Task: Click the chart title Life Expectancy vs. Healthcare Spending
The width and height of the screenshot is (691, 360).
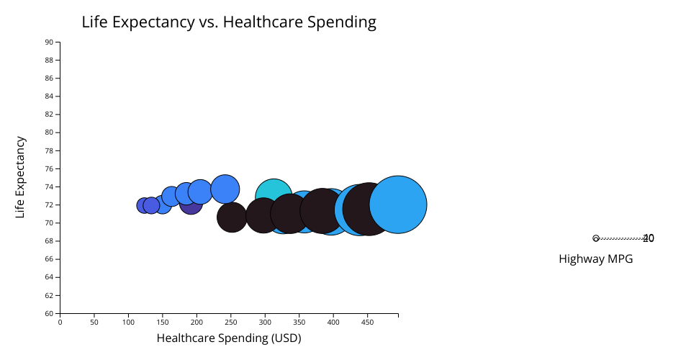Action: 229,22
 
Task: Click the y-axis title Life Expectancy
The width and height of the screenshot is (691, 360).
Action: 21,177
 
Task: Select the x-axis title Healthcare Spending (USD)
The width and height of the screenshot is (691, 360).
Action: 229,338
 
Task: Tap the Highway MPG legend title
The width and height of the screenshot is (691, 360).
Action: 595,259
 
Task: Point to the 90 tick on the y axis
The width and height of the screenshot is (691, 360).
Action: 49,42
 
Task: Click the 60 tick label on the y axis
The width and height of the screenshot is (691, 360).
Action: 49,313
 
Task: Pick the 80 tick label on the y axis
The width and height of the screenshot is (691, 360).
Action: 49,132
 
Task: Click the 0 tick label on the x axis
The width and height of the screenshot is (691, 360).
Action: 60,322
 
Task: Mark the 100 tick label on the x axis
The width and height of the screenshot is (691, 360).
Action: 128,322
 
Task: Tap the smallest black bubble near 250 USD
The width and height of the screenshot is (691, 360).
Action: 231,217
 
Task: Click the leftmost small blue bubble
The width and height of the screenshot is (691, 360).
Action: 144,205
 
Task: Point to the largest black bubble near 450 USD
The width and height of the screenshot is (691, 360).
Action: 369,209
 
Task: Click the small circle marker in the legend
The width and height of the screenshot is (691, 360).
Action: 596,238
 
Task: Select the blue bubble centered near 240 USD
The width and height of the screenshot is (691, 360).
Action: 225,189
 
